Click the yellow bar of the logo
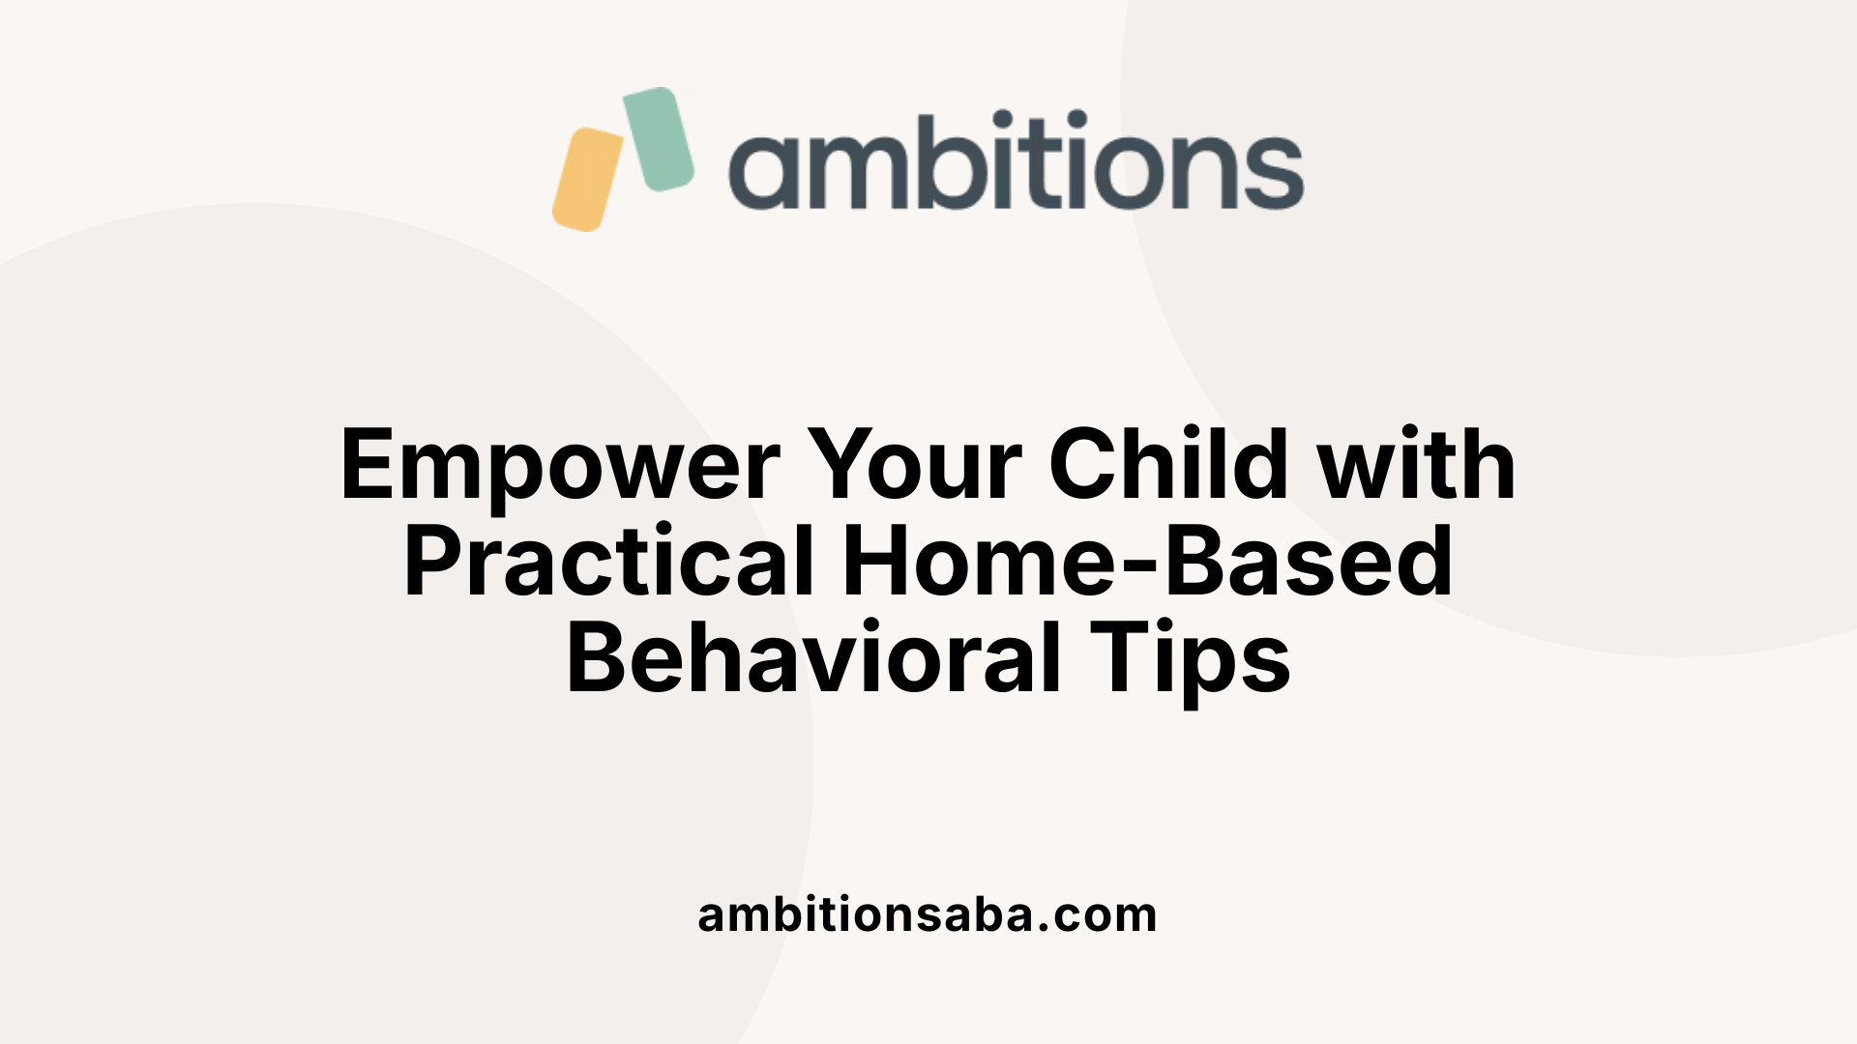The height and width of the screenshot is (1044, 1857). (587, 180)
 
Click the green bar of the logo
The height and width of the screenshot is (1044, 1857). (659, 138)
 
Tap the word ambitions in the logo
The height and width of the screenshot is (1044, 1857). (1016, 161)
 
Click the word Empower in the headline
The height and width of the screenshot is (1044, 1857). (560, 466)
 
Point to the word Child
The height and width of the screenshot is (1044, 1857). (1168, 466)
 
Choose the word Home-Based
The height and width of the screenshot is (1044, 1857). (1147, 563)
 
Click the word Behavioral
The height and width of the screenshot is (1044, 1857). (814, 659)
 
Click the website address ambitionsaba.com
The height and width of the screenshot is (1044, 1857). (927, 914)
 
